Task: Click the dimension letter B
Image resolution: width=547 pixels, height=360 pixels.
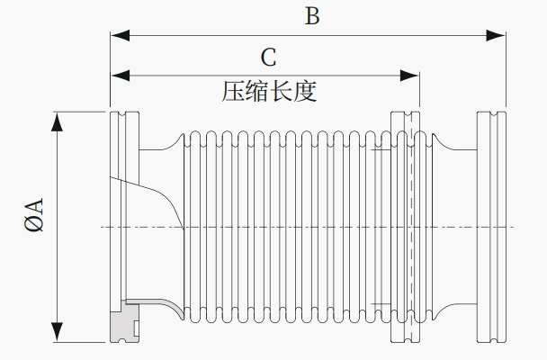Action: pos(312,16)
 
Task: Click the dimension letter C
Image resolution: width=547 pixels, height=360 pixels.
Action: pos(269,58)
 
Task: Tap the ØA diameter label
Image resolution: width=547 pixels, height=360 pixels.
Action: pos(34,214)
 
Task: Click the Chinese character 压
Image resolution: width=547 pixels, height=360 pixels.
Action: pos(233,92)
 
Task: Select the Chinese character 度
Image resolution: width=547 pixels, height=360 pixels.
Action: pos(305,92)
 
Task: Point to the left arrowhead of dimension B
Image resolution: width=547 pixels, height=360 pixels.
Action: pos(120,35)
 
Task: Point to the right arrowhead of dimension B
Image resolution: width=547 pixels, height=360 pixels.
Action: pos(496,35)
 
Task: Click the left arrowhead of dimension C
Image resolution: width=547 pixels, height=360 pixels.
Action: pos(120,76)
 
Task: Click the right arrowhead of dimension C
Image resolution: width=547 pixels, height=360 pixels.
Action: pos(409,76)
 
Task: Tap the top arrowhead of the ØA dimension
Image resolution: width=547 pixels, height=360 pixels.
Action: pos(58,121)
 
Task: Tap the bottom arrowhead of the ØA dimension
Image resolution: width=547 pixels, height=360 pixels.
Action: pos(58,332)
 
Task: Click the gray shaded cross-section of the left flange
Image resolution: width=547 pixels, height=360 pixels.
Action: pos(124,323)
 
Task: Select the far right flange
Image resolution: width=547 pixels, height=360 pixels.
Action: pos(491,227)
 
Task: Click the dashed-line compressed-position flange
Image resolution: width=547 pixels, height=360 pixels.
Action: pos(406,227)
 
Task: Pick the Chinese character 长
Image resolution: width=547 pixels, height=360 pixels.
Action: pos(282,92)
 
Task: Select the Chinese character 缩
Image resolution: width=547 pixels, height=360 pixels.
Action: pos(257,92)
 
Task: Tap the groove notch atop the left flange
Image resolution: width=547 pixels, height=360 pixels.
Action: pos(121,115)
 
